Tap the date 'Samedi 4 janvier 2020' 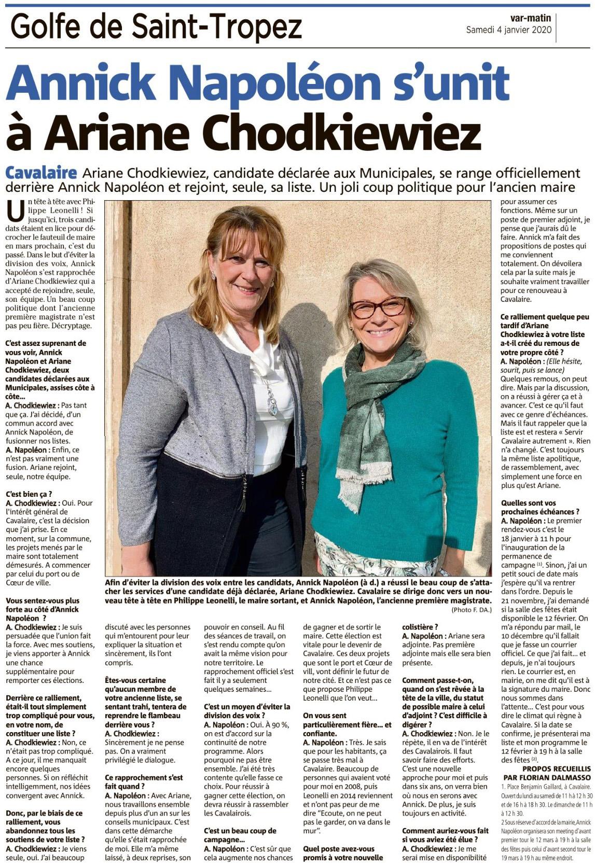pos(509,30)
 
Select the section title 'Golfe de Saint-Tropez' pos(156,27)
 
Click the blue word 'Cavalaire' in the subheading pos(41,173)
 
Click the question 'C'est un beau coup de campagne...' pos(240,831)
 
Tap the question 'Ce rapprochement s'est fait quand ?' pos(144,782)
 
